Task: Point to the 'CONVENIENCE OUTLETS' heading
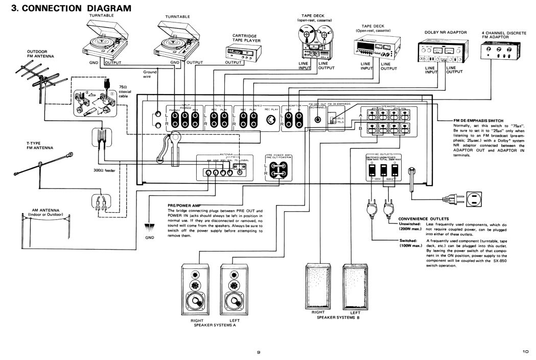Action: point(420,219)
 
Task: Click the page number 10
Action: point(526,351)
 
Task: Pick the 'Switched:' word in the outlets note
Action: point(408,240)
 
